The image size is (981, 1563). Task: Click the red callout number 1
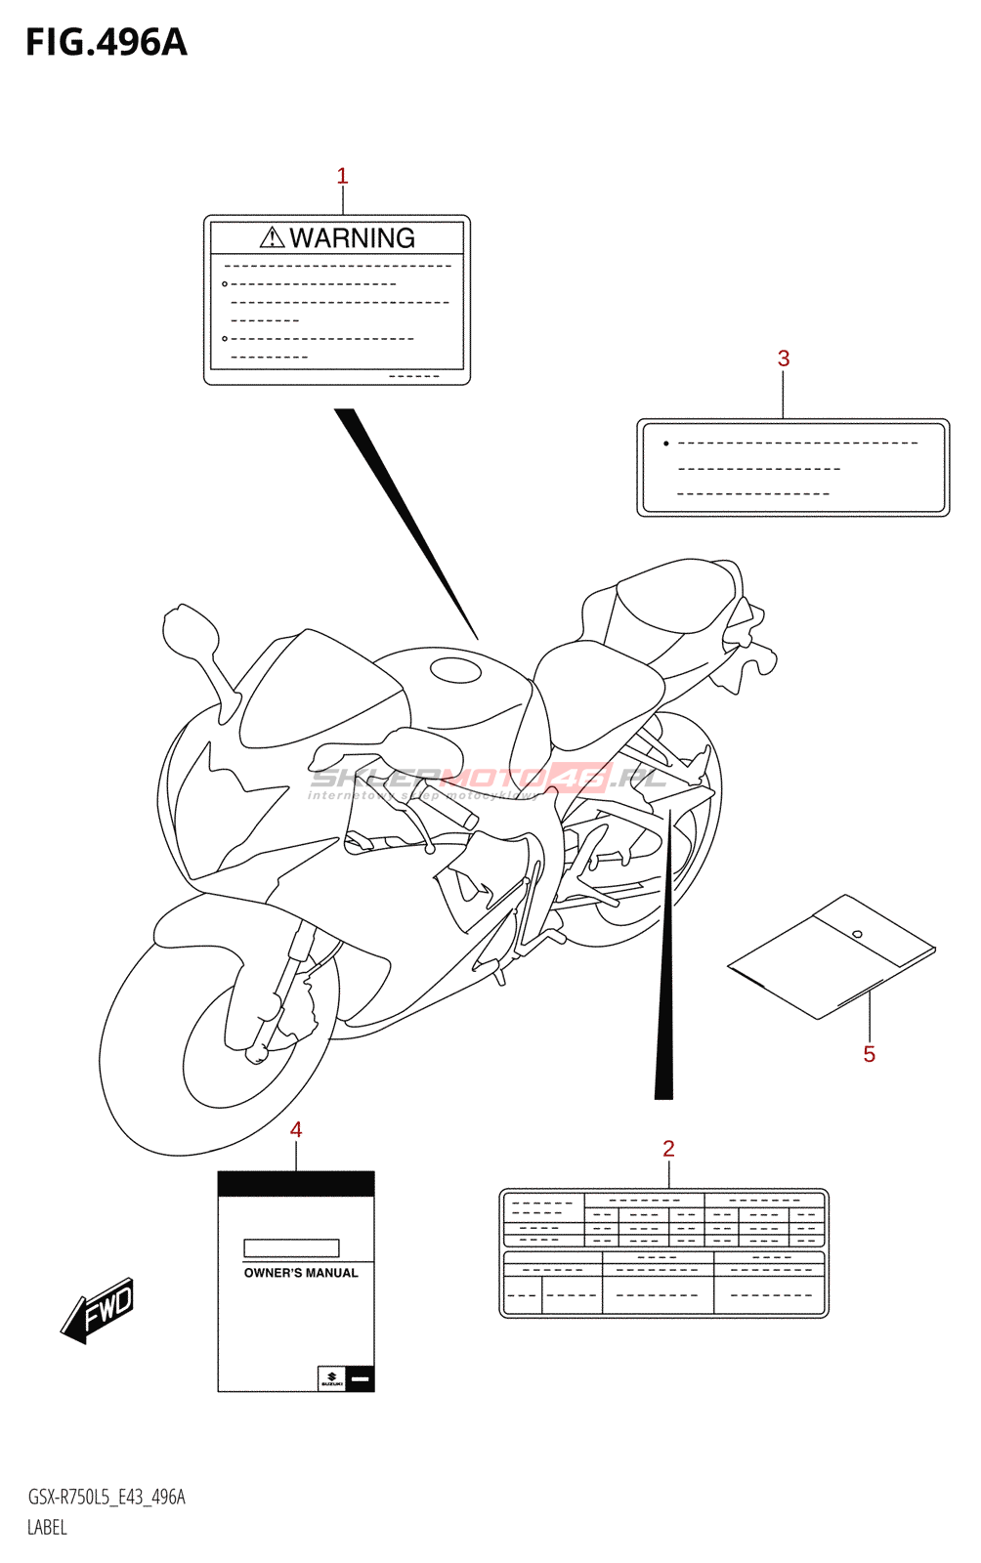[x=342, y=176]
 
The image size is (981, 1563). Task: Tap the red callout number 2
[x=668, y=1149]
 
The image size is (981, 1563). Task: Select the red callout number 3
[x=784, y=359]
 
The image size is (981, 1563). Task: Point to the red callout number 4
[x=296, y=1129]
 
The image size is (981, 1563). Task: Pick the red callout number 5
[x=869, y=1054]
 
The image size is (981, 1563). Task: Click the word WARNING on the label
[x=352, y=238]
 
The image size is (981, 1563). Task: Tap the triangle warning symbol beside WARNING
[x=273, y=237]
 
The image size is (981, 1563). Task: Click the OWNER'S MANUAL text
[x=301, y=1273]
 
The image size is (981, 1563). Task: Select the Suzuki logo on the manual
[x=331, y=1378]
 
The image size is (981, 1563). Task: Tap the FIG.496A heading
[x=106, y=43]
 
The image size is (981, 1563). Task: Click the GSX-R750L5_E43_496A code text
[x=106, y=1498]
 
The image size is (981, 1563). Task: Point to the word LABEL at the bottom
[x=47, y=1528]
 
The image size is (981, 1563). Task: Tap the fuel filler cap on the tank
[x=455, y=670]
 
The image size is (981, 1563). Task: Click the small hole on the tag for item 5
[x=857, y=934]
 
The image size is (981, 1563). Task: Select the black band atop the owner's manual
[x=296, y=1184]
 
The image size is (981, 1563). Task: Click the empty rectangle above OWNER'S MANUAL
[x=291, y=1247]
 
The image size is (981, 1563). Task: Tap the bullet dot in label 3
[x=666, y=444]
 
